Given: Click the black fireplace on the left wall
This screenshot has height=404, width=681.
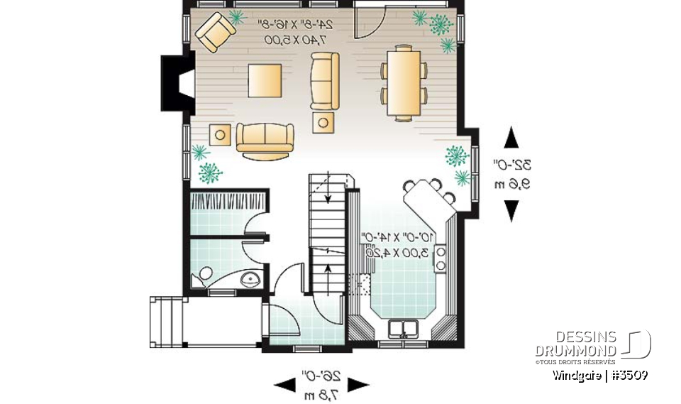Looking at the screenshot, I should coord(175,83).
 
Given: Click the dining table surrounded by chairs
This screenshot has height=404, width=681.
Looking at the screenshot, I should coord(404,81).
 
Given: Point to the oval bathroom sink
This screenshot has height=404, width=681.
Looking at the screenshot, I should coord(250,279).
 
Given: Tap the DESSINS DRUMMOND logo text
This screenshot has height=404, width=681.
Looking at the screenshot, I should coord(575,344).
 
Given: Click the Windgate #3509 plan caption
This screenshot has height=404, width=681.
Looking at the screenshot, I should coord(599,375).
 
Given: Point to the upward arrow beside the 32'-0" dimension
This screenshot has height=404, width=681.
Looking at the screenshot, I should coord(511,137).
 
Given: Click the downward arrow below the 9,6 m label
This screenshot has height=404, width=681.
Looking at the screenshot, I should coord(511,210).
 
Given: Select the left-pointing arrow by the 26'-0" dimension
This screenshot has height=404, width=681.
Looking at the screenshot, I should coord(285,385).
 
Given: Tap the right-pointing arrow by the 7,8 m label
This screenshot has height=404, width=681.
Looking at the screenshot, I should coord(358,385).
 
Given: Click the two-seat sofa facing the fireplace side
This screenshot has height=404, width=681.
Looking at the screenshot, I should coord(264,140).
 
